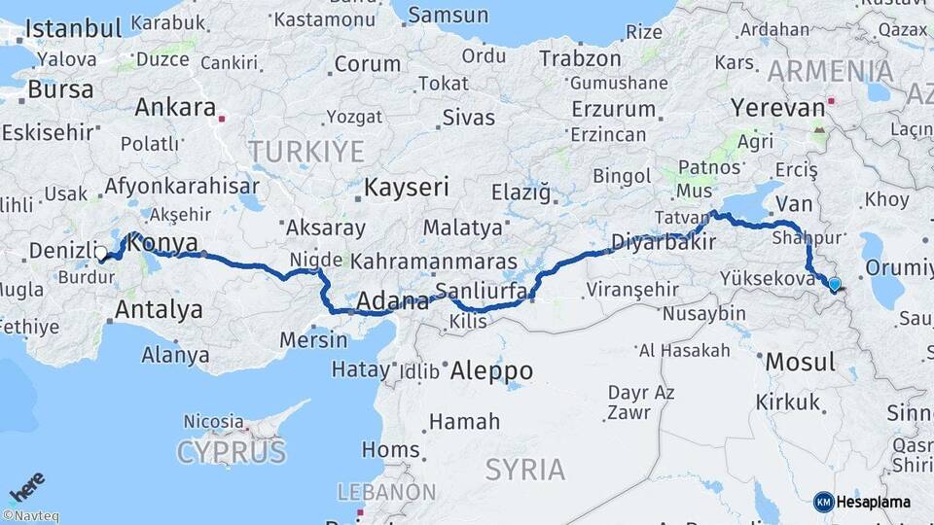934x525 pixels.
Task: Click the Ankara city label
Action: pyautogui.click(x=175, y=107)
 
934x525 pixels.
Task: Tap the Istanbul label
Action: pyautogui.click(x=73, y=27)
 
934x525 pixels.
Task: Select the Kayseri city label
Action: pyautogui.click(x=406, y=187)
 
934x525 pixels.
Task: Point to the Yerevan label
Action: pyautogui.click(x=777, y=106)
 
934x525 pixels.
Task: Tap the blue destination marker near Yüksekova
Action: pyautogui.click(x=834, y=284)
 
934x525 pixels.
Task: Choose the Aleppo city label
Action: pyautogui.click(x=491, y=370)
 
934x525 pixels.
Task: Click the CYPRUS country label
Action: pyautogui.click(x=232, y=451)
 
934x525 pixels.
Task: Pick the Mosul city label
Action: pyautogui.click(x=800, y=363)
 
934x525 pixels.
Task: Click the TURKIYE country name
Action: pyautogui.click(x=305, y=151)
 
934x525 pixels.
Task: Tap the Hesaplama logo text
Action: pyautogui.click(x=873, y=502)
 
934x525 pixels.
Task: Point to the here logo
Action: pyautogui.click(x=27, y=485)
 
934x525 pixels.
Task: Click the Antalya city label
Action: pyautogui.click(x=159, y=310)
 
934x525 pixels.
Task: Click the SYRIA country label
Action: pyautogui.click(x=524, y=470)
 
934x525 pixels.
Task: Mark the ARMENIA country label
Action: pyautogui.click(x=830, y=71)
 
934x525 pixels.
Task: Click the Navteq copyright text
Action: pyautogui.click(x=30, y=516)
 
